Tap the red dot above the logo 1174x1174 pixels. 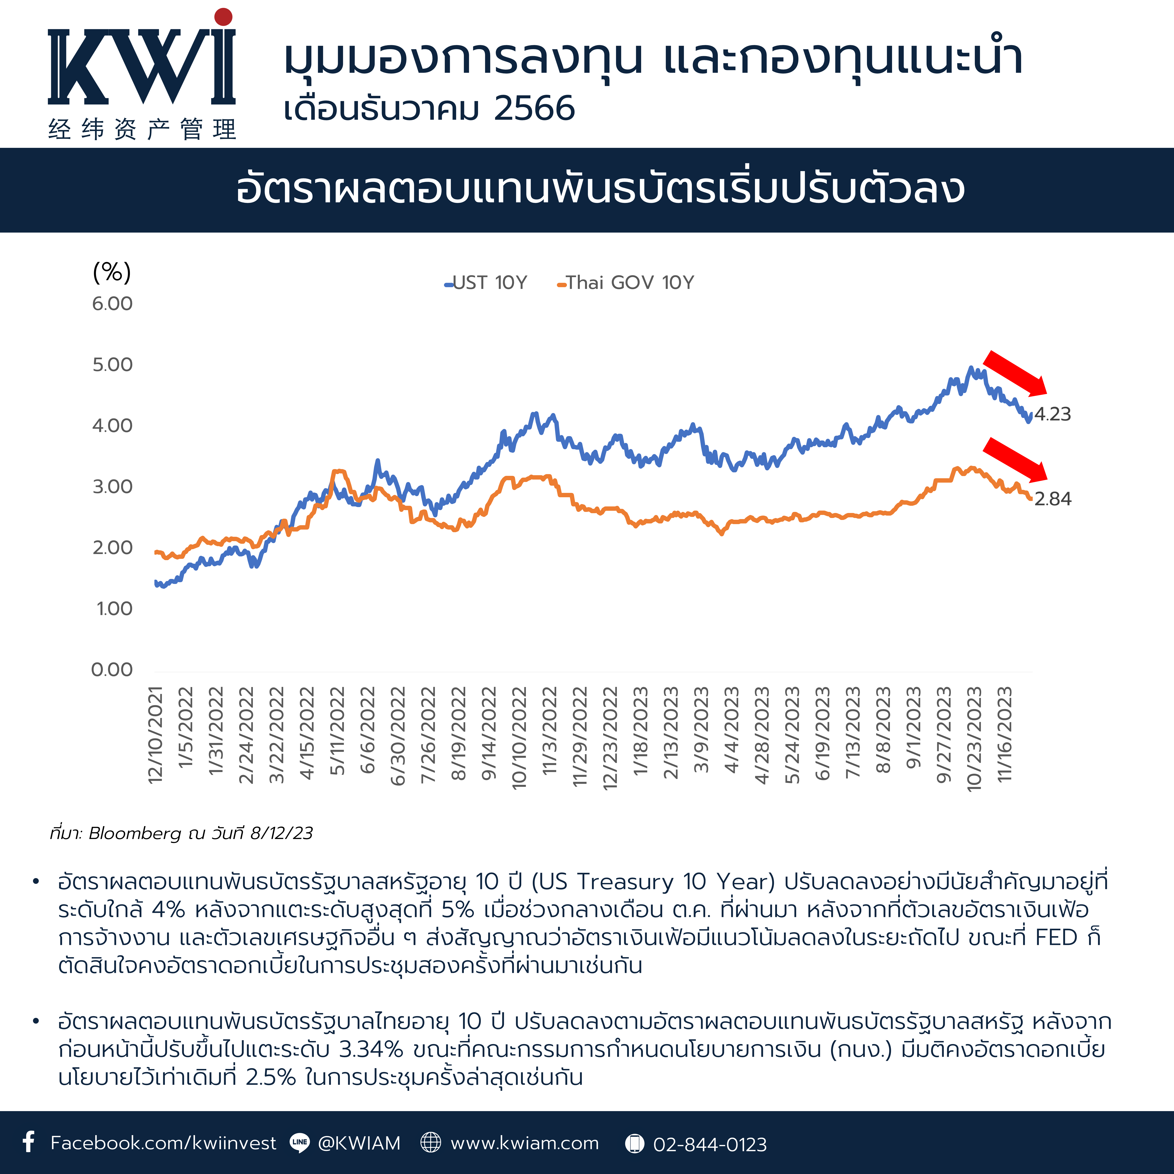[x=224, y=17]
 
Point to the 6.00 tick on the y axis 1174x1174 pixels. [x=112, y=304]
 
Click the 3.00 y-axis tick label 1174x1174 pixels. [x=112, y=487]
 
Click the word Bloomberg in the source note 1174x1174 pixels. [x=135, y=833]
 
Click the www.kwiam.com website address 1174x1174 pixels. [x=524, y=1143]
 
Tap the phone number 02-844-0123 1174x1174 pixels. [x=710, y=1144]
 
